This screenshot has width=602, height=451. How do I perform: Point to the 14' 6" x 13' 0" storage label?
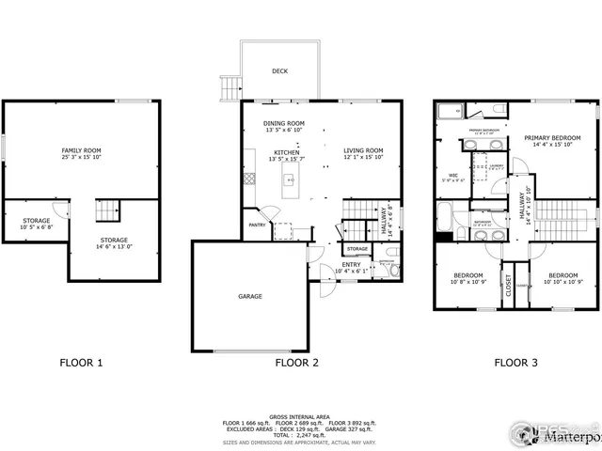click(x=115, y=242)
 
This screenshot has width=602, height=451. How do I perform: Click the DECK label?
click(x=280, y=70)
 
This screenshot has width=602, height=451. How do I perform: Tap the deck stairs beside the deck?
click(x=228, y=88)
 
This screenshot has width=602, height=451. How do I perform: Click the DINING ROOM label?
click(x=283, y=124)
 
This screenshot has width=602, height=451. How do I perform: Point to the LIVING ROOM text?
click(x=363, y=150)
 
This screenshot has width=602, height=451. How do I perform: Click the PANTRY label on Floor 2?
click(x=256, y=225)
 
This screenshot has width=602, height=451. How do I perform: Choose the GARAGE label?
click(x=249, y=296)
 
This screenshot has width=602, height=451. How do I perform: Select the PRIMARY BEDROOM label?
click(x=552, y=138)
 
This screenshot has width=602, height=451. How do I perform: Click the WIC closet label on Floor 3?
click(x=452, y=175)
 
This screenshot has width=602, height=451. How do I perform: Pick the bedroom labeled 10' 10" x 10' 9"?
click(x=563, y=277)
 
